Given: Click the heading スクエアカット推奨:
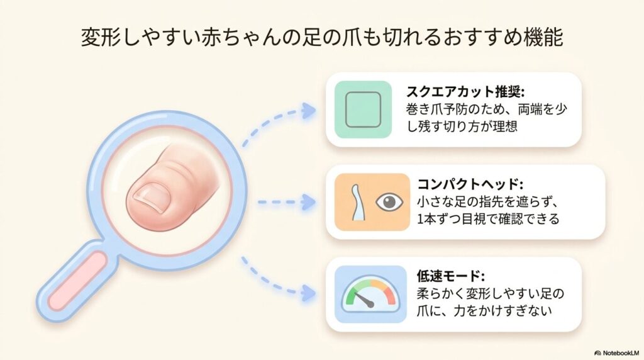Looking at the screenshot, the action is (x=465, y=91).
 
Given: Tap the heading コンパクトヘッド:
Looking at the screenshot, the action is (x=470, y=184).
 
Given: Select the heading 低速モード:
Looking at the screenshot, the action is (x=450, y=276).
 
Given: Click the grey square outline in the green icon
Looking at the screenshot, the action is (x=363, y=110).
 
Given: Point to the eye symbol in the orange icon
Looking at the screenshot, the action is (x=389, y=202).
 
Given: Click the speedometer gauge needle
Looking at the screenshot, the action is (x=364, y=300).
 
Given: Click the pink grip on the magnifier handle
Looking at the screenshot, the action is (x=77, y=281).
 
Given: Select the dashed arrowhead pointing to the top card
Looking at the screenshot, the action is (x=308, y=110).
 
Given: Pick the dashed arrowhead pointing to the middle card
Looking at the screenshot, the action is (x=308, y=202).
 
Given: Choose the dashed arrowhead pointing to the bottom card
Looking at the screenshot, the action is (x=308, y=293).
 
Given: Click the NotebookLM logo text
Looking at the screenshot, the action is (x=617, y=353).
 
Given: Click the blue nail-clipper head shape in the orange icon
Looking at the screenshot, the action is (x=357, y=202).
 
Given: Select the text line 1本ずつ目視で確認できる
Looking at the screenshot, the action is (x=488, y=218).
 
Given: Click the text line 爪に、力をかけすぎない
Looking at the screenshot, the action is (x=484, y=311).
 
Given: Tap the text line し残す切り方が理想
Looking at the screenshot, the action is (x=462, y=126).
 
